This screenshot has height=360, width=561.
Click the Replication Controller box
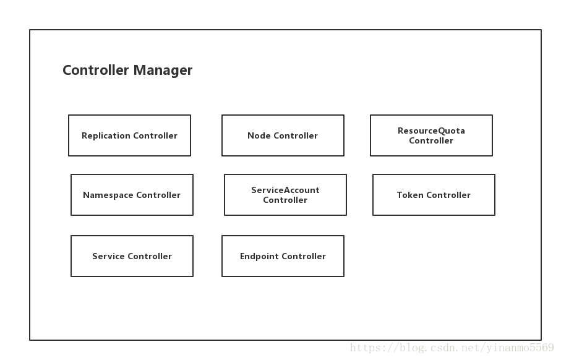pos(129,135)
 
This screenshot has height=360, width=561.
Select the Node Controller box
pos(283,135)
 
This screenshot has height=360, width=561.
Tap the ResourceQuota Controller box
pos(431,135)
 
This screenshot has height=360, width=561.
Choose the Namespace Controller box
pos(132,195)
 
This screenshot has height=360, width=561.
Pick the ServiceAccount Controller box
pos(285,195)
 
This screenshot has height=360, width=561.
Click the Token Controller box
pos(434,195)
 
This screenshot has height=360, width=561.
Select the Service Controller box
pos(132,256)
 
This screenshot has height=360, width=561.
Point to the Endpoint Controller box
pos(283,256)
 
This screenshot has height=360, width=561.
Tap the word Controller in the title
pos(95,71)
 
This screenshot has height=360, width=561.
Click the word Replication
pos(106,136)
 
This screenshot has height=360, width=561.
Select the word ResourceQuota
pos(431,131)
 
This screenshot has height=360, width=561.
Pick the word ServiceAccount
pos(285,191)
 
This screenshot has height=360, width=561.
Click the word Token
pos(410,195)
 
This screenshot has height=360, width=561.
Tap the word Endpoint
pos(259,257)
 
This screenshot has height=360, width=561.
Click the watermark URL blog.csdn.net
pos(452,348)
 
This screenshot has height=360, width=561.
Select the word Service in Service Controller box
pos(109,257)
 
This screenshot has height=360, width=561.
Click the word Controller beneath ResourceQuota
pos(431,141)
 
